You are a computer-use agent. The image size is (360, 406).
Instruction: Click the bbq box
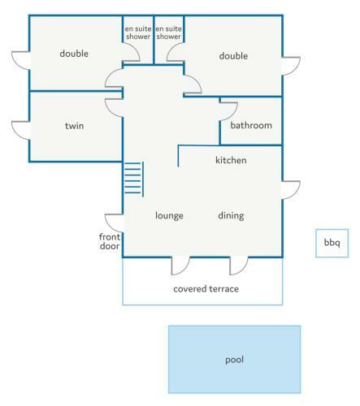coord(332,243)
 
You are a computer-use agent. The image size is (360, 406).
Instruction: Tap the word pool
coord(234,360)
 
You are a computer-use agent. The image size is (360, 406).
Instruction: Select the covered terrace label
coord(206,289)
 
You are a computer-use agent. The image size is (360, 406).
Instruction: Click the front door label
coord(110,241)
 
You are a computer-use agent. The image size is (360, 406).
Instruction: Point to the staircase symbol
coord(133,179)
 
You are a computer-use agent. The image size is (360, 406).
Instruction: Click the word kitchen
coord(231,160)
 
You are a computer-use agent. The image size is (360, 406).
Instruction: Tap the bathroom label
coord(251,125)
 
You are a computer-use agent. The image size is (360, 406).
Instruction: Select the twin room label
coord(74,126)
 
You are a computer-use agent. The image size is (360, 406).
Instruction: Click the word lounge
coord(169,216)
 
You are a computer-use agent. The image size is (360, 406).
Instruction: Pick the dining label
coord(231,216)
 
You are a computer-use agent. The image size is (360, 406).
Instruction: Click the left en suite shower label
coord(138,32)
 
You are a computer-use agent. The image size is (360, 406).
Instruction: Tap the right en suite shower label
coord(168,32)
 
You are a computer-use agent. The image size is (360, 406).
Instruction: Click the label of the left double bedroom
coord(74,54)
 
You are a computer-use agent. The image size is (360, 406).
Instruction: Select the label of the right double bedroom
coord(233,56)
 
